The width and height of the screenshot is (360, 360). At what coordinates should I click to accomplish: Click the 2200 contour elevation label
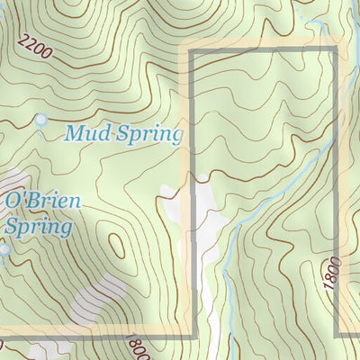click(x=35, y=48)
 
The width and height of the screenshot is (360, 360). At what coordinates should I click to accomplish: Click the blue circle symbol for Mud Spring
click(x=40, y=120)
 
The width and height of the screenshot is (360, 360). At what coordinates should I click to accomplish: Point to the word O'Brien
click(x=43, y=201)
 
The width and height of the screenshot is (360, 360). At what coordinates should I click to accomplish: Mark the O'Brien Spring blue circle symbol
click(x=4, y=249)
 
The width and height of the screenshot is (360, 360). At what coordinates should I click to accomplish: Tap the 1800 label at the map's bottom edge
click(x=138, y=346)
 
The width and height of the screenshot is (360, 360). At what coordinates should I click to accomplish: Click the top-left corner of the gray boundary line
click(x=191, y=52)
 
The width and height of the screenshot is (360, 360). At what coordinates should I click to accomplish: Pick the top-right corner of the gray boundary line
click(x=337, y=52)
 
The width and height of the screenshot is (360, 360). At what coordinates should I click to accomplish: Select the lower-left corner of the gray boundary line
click(x=193, y=335)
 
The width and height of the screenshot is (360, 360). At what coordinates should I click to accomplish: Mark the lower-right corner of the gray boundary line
click(x=337, y=335)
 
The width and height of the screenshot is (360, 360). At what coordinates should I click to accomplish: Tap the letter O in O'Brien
click(x=13, y=201)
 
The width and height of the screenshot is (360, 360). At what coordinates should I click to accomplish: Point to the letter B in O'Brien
click(x=34, y=201)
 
